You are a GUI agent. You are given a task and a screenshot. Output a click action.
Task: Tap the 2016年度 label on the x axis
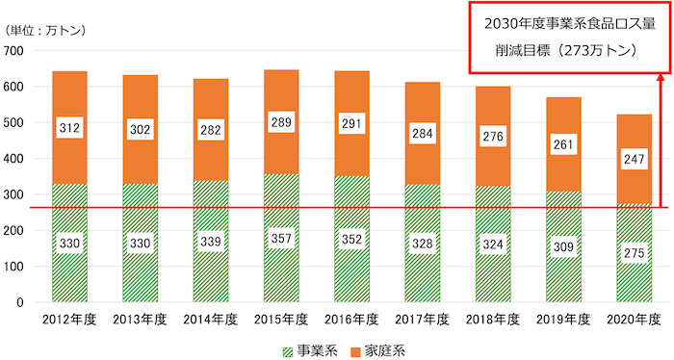point(351,319)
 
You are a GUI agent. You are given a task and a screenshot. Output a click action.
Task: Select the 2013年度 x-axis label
point(140,319)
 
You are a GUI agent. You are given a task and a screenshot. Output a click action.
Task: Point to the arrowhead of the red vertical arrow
point(661,78)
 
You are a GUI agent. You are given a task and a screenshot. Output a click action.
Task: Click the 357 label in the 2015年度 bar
point(280,238)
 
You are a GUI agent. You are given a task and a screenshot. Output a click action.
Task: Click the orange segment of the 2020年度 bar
point(633,183)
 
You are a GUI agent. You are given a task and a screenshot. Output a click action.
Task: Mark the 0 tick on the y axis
point(19,302)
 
